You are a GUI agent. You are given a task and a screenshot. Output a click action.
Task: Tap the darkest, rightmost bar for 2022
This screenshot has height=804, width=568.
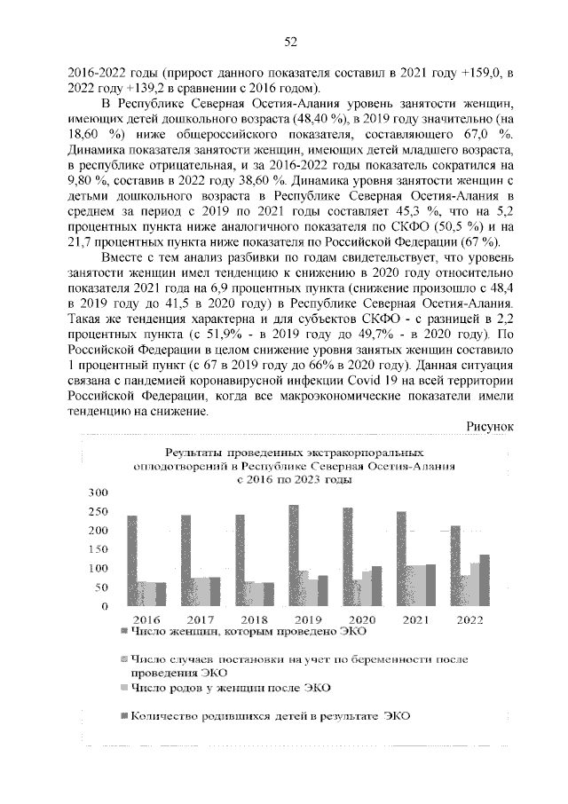point(484,580)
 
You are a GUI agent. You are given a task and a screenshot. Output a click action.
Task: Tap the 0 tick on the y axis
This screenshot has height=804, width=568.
point(104,607)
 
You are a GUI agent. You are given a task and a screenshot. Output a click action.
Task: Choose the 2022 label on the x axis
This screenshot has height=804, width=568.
point(468,620)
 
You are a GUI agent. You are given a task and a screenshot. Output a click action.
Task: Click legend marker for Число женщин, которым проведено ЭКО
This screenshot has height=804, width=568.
point(122,633)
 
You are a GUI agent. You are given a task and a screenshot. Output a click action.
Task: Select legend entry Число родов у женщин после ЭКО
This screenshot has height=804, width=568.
point(230,687)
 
